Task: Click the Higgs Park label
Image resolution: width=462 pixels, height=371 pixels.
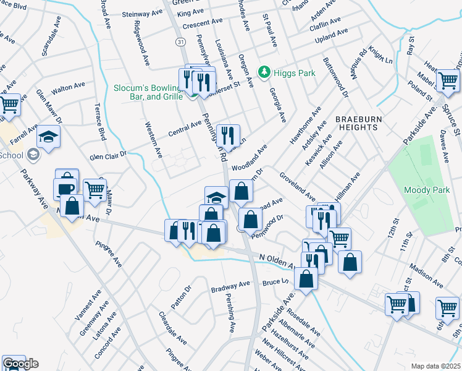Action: point(295,73)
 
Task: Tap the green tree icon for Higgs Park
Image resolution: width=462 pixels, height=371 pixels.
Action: point(264,72)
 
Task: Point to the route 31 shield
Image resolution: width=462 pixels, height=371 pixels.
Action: point(180,41)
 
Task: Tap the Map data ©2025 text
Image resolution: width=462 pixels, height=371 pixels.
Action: point(436,365)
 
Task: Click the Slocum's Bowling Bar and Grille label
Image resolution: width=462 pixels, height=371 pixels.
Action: point(148,92)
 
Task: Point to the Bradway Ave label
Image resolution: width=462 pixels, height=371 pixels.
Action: point(230,286)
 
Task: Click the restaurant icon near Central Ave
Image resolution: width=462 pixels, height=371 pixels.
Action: point(228,134)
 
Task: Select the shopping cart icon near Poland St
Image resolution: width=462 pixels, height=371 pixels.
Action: point(448,80)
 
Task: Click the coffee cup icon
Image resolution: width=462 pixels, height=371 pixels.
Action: point(64,187)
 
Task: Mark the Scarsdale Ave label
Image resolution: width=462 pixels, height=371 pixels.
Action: point(52,42)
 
